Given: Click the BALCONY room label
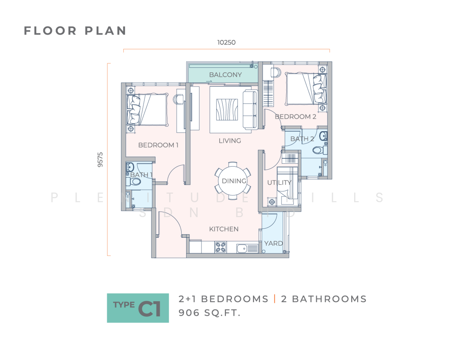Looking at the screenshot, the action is coord(225,75).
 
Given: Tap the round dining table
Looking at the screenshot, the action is coord(232,181).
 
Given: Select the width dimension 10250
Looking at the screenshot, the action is coord(226,43).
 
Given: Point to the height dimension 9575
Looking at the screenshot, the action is coord(100,160).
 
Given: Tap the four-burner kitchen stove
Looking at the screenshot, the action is coord(221,247).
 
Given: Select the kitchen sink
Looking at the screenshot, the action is coord(242,249).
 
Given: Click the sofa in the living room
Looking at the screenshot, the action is coord(250,110).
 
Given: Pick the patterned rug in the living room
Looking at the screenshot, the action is coord(227,110).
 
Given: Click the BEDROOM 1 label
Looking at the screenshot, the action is coord(158,145).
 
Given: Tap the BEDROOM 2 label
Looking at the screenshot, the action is coord(295,117).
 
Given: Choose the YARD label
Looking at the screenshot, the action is coord(273,243).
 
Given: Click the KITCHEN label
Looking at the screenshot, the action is coord(224,229).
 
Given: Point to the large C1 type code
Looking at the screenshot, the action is coord(149,308).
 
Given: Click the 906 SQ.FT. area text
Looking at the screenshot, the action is coord(209,313).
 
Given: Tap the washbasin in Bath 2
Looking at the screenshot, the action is coord(323,136).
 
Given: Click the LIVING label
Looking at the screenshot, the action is coord(230,141).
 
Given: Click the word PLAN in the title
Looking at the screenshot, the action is coord(105,31).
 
